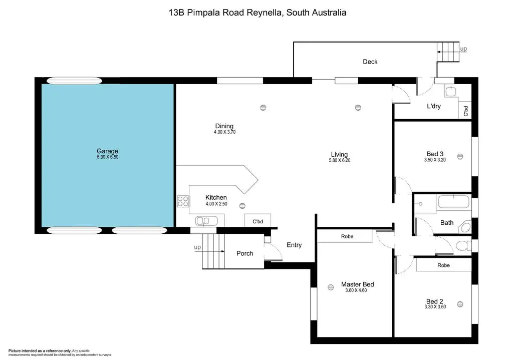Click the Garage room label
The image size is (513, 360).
107,151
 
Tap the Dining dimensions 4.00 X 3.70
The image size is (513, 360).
225,132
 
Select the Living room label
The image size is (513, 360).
339,154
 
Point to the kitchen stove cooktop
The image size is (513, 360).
183,201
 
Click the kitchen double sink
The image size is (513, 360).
206,221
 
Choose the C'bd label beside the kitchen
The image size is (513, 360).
258,221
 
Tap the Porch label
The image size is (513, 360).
244,253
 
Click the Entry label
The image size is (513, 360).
294,245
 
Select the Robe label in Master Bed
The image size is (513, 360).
347,236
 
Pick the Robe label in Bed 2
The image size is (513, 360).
444,265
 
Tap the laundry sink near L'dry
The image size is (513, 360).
450,91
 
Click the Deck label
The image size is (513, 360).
370,62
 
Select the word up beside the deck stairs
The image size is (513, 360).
463,49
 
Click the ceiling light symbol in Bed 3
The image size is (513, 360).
460,157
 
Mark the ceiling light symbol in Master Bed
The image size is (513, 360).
331,287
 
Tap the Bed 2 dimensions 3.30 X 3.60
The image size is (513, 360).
435,307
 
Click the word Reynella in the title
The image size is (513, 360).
265,13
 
